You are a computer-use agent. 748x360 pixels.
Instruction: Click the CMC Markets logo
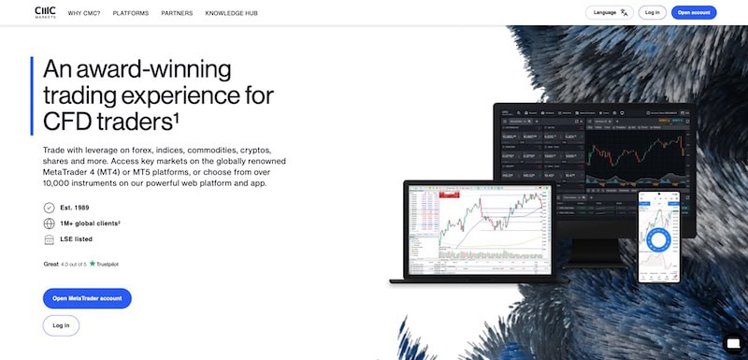44,12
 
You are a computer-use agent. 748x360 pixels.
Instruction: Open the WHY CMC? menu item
84,13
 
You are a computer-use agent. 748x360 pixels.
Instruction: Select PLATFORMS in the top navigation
131,13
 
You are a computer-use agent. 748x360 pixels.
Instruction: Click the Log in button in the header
653,12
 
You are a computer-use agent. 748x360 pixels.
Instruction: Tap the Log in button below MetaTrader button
61,325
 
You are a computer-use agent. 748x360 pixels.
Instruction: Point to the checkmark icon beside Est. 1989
50,208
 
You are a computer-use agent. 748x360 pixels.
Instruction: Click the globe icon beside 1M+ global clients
50,223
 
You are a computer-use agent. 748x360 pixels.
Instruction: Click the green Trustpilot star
93,264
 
